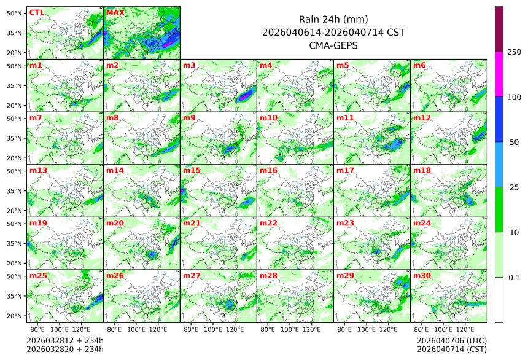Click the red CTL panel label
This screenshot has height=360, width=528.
36,13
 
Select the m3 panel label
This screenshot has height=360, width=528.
189,65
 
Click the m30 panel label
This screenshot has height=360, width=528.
421,276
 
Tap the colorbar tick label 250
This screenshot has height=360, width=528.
514,52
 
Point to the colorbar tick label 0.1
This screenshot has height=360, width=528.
514,277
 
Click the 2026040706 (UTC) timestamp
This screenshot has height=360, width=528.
451,340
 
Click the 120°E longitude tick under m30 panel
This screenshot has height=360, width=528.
465,330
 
